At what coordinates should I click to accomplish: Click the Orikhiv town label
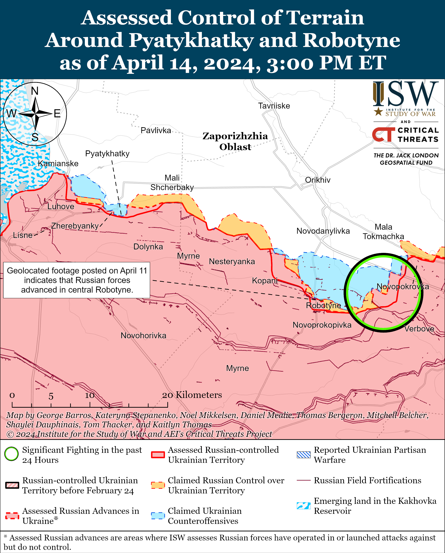(318, 180)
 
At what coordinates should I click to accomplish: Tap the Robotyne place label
(323, 306)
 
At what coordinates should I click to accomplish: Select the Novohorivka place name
(143, 335)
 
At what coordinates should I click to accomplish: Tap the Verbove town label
(419, 329)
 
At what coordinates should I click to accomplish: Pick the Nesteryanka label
(232, 261)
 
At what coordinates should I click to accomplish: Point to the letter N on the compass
(35, 91)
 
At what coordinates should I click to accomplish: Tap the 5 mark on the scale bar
(51, 396)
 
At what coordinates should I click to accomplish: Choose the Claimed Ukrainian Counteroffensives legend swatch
(158, 516)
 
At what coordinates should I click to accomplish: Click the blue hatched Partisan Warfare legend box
(303, 455)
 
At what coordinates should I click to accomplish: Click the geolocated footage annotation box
(76, 280)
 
